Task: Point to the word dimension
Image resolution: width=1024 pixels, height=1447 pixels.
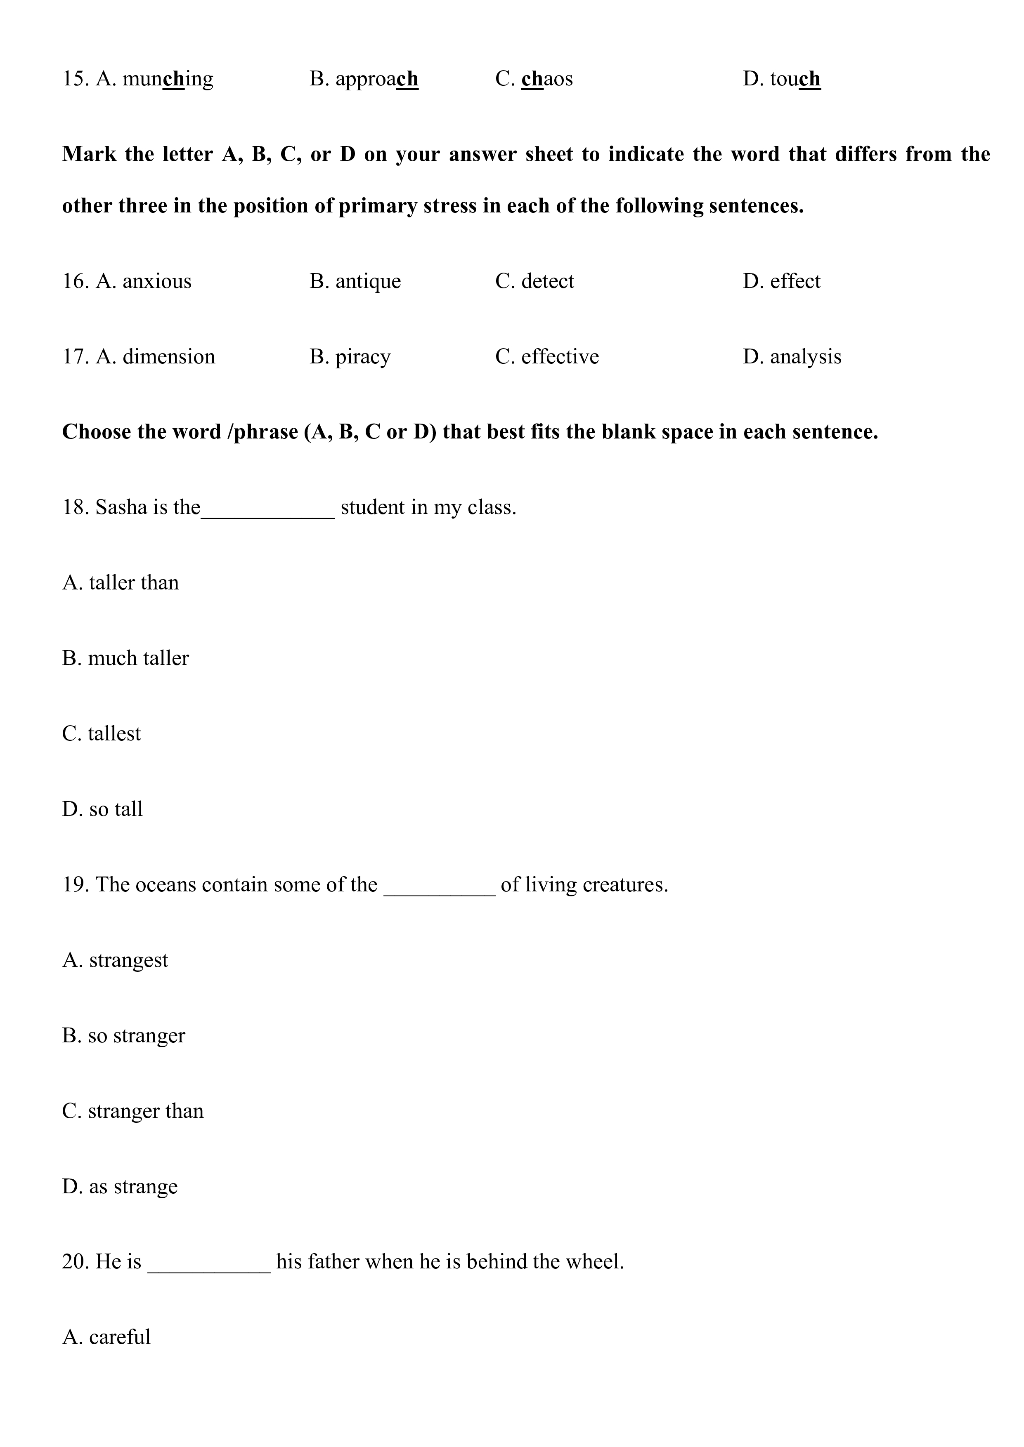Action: [x=168, y=357]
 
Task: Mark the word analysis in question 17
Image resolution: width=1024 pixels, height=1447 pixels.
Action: [x=805, y=357]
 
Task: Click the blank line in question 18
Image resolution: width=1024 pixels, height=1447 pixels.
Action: [x=268, y=516]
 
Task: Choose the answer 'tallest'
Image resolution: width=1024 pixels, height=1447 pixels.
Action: [x=114, y=733]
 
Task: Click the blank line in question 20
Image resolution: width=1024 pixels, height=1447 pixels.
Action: [x=209, y=1271]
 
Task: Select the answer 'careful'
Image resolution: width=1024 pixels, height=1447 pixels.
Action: [x=119, y=1337]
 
